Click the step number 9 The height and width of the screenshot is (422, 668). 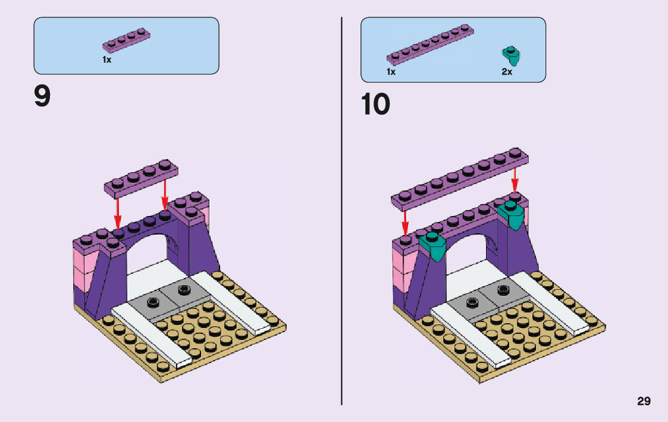coord(42,97)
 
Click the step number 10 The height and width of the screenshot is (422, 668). coord(376,105)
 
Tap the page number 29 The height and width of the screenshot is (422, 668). coord(644,401)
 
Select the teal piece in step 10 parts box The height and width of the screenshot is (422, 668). coord(511,55)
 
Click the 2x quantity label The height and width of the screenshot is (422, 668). coord(506,72)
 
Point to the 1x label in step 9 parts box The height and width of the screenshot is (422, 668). coord(107,60)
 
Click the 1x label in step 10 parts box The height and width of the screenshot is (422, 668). coord(391,72)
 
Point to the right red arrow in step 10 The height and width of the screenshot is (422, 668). coord(515,179)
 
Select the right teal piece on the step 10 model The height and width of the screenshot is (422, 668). coord(513,214)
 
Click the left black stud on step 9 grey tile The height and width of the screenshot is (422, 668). coord(153,301)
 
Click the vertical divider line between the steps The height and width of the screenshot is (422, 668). coord(341,238)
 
